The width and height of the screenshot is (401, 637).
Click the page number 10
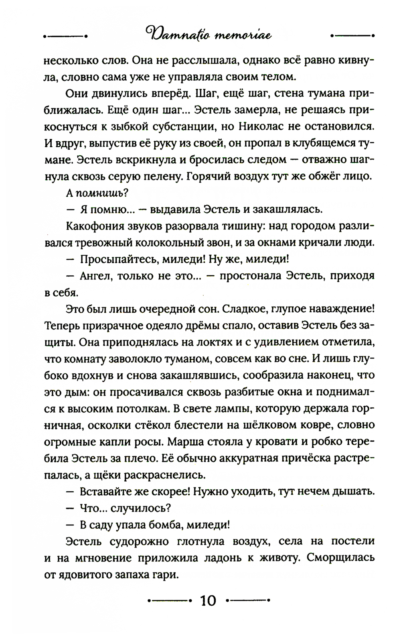click(208, 601)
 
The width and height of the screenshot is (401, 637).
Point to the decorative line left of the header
click(65, 36)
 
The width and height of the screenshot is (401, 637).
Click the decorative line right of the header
click(352, 36)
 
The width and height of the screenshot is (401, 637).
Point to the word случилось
click(142, 508)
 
